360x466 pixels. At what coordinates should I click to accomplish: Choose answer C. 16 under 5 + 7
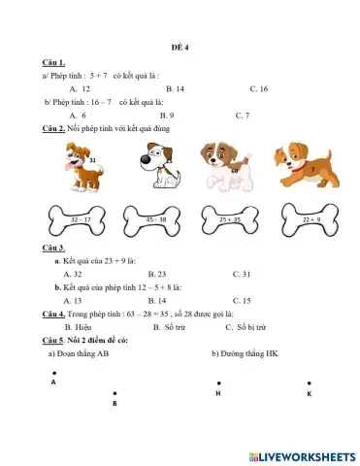tap(258, 88)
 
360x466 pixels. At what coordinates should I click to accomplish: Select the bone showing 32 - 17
tap(82, 220)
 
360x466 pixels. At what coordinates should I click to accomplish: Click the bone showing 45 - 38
tap(156, 220)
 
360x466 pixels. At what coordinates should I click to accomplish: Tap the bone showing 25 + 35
tap(230, 220)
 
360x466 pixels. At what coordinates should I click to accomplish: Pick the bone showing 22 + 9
tap(311, 220)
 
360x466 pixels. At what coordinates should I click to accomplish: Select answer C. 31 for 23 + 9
tap(242, 274)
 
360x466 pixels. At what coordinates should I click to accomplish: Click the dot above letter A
tap(54, 372)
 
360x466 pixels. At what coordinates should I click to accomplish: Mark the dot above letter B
tap(115, 392)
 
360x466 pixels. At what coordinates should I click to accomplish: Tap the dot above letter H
tap(218, 383)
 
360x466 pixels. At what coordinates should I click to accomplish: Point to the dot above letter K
tap(309, 383)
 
